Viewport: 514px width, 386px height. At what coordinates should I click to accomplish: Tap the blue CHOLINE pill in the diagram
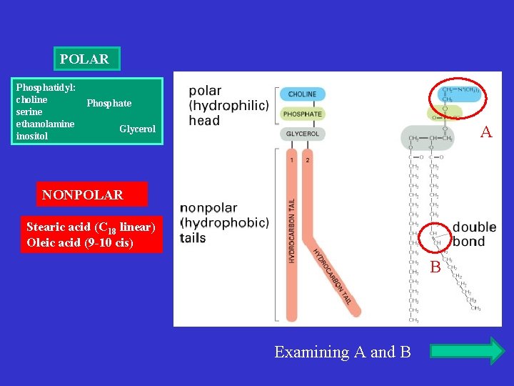(302, 94)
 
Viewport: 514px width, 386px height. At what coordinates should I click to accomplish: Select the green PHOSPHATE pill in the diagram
(302, 114)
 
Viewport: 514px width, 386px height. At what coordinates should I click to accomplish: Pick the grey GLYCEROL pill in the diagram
(302, 134)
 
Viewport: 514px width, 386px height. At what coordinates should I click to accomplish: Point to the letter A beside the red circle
(486, 132)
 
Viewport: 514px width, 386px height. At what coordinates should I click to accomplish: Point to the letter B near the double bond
(435, 267)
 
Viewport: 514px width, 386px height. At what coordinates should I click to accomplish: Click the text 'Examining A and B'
(343, 352)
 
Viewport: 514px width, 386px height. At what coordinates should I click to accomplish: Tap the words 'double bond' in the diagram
(473, 234)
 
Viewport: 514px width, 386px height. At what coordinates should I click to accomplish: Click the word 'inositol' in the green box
(32, 136)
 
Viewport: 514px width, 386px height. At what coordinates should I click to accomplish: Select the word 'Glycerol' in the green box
(137, 129)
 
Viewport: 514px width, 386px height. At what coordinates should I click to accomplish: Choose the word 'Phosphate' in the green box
(109, 104)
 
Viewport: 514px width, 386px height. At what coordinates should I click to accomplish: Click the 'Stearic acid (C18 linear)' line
(91, 227)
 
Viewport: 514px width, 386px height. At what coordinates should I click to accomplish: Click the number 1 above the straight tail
(291, 159)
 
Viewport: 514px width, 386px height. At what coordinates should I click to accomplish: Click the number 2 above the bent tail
(307, 159)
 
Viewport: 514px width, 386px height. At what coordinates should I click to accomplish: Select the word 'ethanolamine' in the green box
(45, 124)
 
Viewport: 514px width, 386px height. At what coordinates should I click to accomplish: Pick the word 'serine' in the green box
(29, 112)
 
